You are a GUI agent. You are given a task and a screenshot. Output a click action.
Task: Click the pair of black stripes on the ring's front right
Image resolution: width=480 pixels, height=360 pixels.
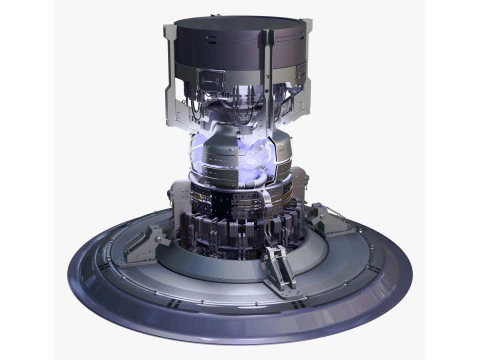pos(340,296)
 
